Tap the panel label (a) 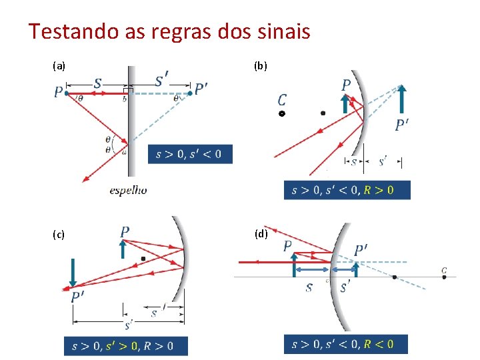point(59,66)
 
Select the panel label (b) point(261,66)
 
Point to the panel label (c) point(59,234)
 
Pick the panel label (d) point(261,233)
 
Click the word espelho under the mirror point(128,190)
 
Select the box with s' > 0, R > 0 point(126,346)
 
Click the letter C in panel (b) point(283,100)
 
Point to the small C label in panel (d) point(444,270)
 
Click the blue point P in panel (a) point(67,93)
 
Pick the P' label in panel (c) point(77,297)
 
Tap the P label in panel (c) point(125,231)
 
